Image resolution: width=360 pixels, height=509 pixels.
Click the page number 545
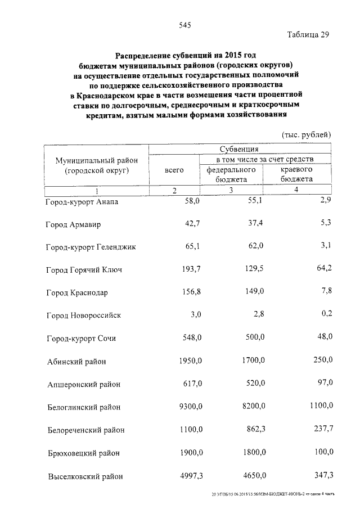[x=185, y=24]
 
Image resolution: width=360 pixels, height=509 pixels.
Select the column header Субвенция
[x=239, y=150]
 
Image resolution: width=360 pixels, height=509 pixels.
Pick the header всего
[x=174, y=169]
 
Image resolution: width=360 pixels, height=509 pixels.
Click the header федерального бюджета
[x=232, y=174]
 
